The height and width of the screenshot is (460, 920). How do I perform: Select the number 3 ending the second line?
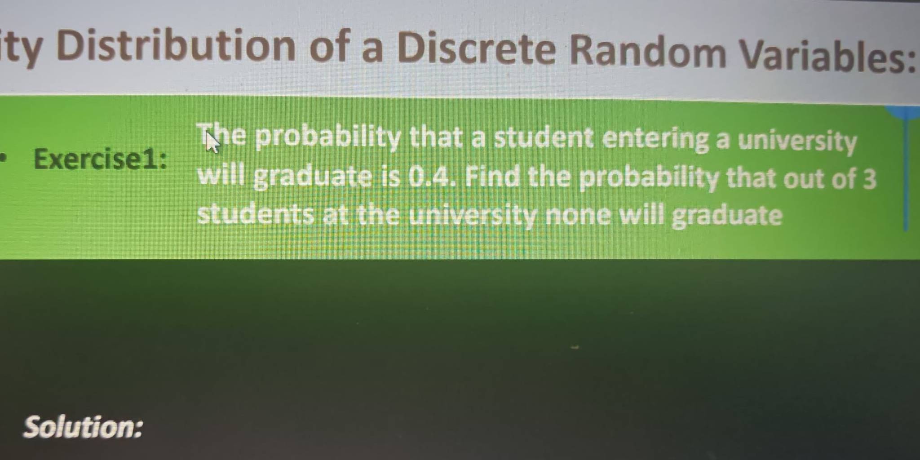869,178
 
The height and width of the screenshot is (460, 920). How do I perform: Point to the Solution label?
84,427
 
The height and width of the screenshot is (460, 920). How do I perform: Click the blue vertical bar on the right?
906,168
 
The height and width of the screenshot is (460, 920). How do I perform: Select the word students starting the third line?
256,214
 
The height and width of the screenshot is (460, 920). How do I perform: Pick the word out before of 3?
805,178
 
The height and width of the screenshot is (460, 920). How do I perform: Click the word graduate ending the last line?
727,217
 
